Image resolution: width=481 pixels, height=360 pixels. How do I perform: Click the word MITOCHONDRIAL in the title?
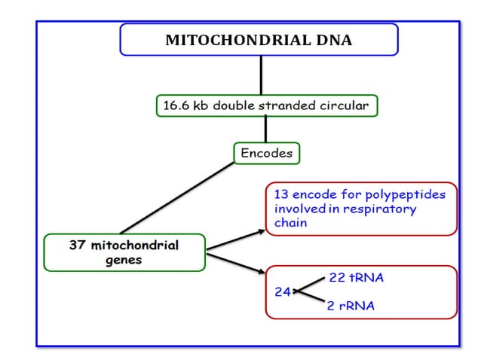coord(237,41)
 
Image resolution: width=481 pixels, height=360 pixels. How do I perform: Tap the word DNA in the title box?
coord(335,41)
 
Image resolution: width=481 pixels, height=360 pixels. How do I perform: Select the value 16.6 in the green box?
coord(175,106)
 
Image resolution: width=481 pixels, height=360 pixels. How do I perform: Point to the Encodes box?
coord(266,154)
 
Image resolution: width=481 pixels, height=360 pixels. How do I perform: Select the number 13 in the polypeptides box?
coord(281,194)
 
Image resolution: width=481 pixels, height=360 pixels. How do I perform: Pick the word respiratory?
coord(380,209)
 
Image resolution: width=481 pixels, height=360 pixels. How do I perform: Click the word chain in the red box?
coord(290,223)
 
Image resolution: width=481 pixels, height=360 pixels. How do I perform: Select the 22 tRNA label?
coord(356,278)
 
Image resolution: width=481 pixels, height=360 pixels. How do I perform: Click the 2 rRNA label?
coord(351,307)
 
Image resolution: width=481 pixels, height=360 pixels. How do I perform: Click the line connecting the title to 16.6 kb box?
coord(261,75)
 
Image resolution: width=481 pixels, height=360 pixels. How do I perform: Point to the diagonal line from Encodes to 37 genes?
coord(177,197)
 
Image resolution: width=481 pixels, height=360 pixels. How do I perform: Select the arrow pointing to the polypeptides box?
coord(235,239)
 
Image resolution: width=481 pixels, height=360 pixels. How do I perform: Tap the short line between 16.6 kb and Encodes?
coord(265,129)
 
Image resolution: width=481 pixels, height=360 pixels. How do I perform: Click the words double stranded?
coord(259,106)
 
